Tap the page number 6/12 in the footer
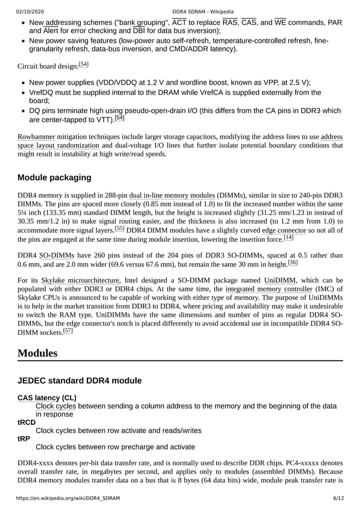point(337,498)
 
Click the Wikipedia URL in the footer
point(68,498)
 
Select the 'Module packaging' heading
point(54,177)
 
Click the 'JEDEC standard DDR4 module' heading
point(80,380)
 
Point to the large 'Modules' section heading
point(37,353)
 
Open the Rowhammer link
point(36,137)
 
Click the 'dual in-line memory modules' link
point(172,195)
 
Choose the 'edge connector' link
point(284,230)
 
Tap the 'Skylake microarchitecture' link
point(80,280)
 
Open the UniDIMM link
point(280,280)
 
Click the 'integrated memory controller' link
point(269,290)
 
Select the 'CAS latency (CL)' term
point(47,398)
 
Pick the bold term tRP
point(24,438)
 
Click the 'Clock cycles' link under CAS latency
point(56,406)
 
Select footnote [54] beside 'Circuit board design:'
point(84,64)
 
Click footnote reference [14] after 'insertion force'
point(288,237)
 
